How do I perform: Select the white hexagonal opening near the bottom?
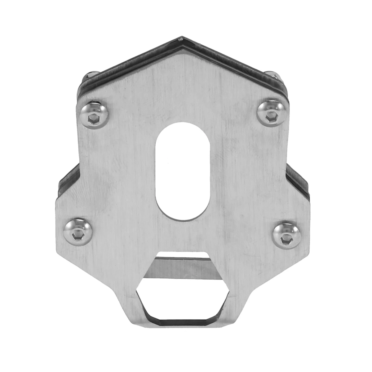tap(183, 298)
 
